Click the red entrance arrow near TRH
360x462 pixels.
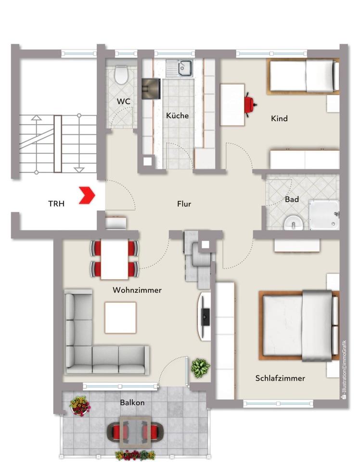click(x=89, y=195)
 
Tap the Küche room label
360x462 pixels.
click(x=177, y=116)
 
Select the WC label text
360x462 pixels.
click(x=124, y=102)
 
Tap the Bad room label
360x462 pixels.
click(x=292, y=199)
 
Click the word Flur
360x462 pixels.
click(x=184, y=204)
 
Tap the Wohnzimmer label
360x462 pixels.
click(x=137, y=290)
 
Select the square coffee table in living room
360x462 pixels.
click(x=120, y=317)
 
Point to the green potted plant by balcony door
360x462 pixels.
click(x=200, y=368)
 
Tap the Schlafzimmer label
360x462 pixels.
click(x=280, y=378)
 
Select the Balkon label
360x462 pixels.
click(x=132, y=402)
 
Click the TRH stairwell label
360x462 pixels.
click(x=56, y=204)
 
